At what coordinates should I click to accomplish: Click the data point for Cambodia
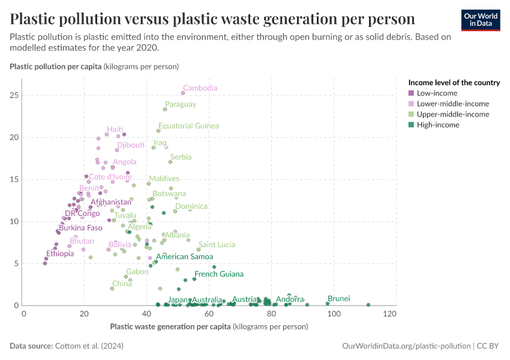183,93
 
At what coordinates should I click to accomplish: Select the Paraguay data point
165,109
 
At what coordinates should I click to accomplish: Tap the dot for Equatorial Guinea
158,131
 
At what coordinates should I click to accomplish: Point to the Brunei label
338,299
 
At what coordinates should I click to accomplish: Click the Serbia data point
170,162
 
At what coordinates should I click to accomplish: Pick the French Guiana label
219,274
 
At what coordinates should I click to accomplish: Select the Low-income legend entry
433,94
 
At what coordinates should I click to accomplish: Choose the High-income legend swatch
411,125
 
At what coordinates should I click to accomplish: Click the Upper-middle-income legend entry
449,115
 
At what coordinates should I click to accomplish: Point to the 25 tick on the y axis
14,95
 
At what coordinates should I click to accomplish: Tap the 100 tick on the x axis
334,314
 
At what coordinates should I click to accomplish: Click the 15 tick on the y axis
14,179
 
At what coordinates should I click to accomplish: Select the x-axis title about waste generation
209,326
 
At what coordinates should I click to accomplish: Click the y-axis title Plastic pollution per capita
94,67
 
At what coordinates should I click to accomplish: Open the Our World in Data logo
481,20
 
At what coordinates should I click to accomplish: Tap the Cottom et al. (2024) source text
89,346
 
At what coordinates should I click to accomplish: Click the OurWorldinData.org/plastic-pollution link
406,346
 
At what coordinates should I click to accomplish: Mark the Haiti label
115,130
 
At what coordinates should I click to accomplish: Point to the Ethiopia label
60,254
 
